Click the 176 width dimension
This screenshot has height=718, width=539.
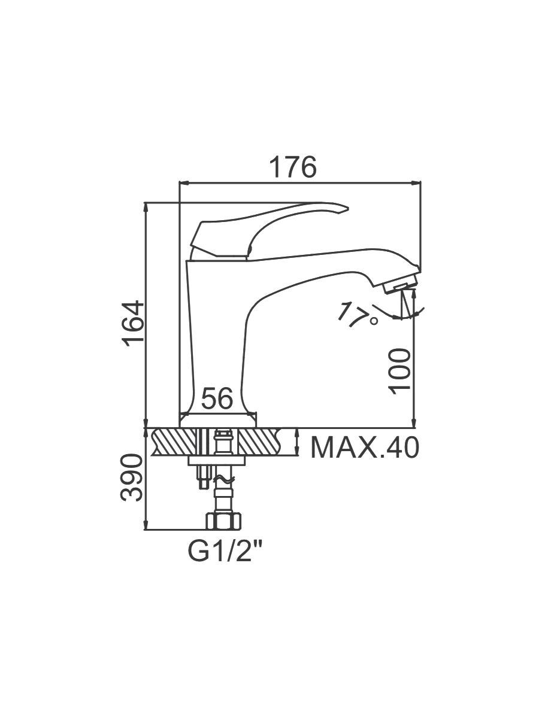tap(292, 167)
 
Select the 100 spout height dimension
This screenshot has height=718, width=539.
tap(400, 371)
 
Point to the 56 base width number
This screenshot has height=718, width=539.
tap(217, 399)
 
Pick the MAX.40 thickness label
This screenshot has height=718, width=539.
tap(364, 447)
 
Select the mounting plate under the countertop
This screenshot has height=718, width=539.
tap(217, 461)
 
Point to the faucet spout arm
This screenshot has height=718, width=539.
tap(323, 263)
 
